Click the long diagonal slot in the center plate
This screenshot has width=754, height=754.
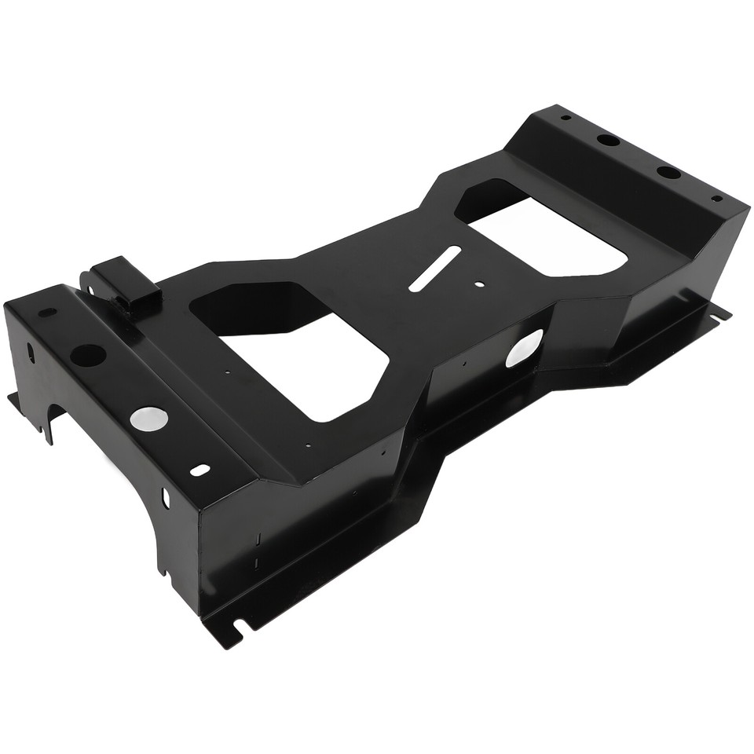[434, 268]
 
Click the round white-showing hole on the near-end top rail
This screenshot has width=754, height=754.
[148, 418]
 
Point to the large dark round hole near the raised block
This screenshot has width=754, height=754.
[87, 355]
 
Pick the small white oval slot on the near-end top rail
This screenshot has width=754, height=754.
[200, 470]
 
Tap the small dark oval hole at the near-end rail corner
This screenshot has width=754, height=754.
[47, 312]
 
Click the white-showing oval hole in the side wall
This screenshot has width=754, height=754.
[524, 348]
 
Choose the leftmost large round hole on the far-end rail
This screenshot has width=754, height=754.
[607, 141]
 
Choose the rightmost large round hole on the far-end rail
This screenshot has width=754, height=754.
[668, 172]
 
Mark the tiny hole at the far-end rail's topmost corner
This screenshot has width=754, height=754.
[565, 118]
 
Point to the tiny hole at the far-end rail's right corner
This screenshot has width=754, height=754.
[716, 199]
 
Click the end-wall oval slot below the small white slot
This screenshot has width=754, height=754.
[166, 497]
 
